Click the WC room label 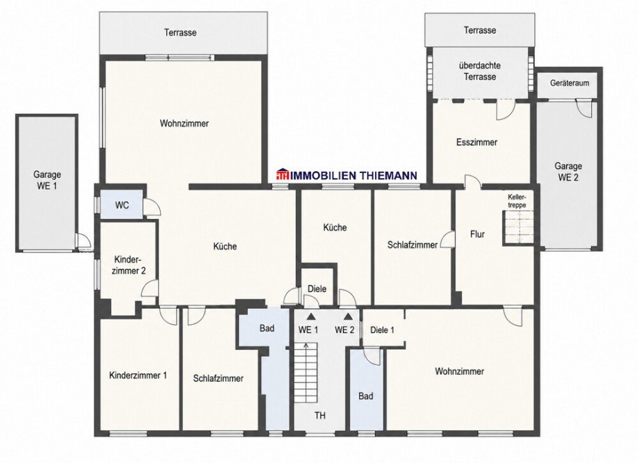[122, 205]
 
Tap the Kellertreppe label [517, 201]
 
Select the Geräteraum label [570, 83]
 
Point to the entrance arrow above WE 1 [311, 316]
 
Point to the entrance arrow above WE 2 [348, 316]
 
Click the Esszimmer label [476, 143]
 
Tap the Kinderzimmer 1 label [138, 375]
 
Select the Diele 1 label [382, 330]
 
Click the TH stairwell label [320, 416]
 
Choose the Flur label [477, 234]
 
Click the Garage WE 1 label [47, 180]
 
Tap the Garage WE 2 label [568, 172]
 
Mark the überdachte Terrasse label [480, 71]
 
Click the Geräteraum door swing [585, 108]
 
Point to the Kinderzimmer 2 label [128, 265]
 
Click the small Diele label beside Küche [317, 289]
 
